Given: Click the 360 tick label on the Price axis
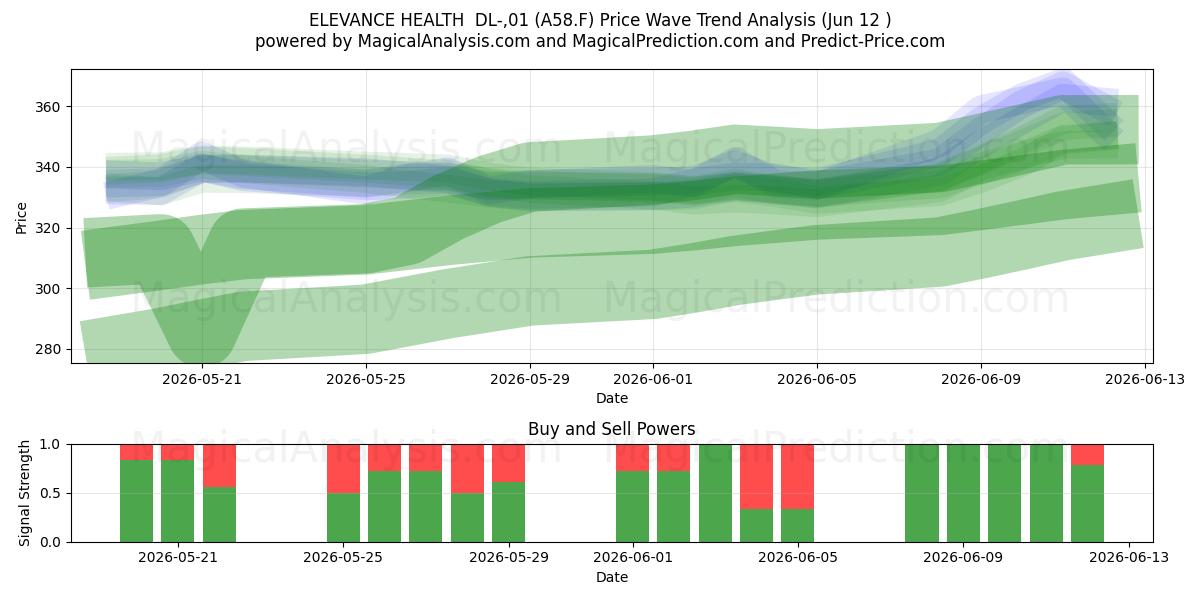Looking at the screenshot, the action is (47, 107).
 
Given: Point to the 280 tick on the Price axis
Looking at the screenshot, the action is (47, 350).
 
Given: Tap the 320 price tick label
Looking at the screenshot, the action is (47, 229).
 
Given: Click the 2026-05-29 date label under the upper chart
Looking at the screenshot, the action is (530, 379).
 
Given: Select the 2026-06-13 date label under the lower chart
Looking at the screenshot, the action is (1129, 558).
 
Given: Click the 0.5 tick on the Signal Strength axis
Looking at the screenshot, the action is (50, 493).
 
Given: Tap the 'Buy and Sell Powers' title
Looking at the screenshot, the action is (612, 429).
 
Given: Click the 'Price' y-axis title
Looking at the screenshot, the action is (21, 218).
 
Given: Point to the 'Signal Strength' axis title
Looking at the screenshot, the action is (24, 493).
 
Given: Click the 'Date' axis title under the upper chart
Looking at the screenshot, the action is (612, 399).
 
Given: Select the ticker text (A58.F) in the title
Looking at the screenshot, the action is (565, 20).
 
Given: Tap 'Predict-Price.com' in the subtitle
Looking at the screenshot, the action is (873, 41).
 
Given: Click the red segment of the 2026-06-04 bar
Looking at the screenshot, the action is (756, 477).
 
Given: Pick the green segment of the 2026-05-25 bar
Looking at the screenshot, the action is (343, 518).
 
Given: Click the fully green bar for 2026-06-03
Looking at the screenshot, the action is (715, 493).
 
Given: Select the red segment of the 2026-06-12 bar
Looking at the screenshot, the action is (1088, 455).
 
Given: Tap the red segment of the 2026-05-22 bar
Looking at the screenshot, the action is (219, 466).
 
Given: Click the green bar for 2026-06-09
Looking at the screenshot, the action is (963, 493).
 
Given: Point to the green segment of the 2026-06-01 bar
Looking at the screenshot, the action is (632, 507).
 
